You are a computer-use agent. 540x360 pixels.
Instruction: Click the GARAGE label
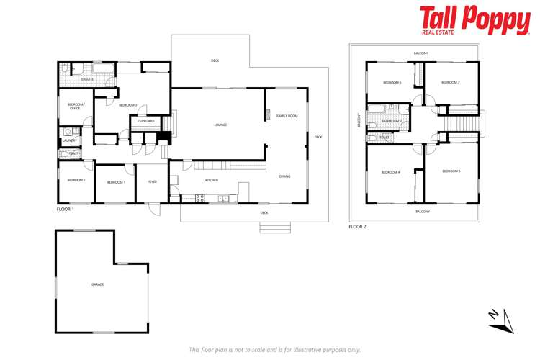coord(97,284)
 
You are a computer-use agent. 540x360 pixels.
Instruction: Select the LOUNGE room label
coord(220,125)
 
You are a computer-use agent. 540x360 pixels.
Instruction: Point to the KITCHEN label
coord(212,180)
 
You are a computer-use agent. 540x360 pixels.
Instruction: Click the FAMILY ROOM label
coord(287,115)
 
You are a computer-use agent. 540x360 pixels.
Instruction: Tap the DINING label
coord(284,176)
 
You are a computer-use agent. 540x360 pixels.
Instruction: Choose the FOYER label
coord(152,182)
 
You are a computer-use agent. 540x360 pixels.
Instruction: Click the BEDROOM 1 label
coord(116,182)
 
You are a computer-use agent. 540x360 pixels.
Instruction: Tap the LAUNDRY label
coord(69,140)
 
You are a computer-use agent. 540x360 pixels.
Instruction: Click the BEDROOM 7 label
coord(450,83)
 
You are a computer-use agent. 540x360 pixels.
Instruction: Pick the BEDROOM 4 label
coord(390,172)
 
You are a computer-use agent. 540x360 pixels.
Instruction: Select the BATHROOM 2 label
coord(392,121)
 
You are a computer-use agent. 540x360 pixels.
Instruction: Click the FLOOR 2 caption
coord(357,226)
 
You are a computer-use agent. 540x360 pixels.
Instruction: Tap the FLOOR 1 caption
coord(65,208)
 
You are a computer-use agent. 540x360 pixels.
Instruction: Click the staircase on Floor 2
coord(460,127)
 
